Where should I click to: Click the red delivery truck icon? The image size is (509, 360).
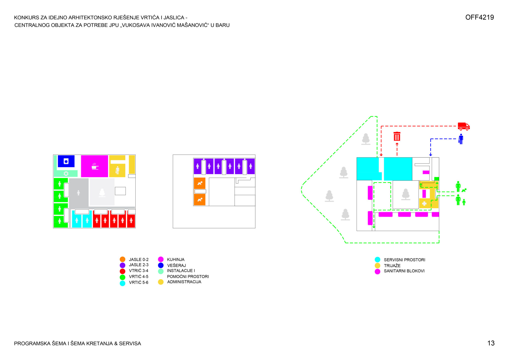tap(464, 126)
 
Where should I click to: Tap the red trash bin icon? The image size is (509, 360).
tap(397, 136)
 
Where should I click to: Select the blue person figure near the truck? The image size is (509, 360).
tap(461, 139)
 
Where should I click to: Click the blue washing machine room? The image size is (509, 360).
tap(66, 161)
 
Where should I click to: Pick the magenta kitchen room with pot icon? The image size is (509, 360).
tap(94, 166)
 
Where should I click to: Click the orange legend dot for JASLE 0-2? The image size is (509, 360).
tap(122, 259)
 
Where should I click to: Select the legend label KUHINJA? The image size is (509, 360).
tap(176, 259)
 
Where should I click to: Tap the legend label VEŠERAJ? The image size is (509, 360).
tap(176, 265)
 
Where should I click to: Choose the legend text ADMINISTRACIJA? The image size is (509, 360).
tap(184, 282)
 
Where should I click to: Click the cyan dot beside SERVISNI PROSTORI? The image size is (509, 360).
tap(377, 260)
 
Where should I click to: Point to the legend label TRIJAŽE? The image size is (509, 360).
tap(392, 266)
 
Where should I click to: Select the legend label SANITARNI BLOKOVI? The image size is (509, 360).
tap(404, 271)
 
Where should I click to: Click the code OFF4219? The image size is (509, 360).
tap(479, 17)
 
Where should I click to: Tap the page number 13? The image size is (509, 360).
tap(491, 343)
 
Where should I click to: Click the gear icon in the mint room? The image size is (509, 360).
tap(66, 174)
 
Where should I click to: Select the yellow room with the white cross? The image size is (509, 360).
tap(424, 203)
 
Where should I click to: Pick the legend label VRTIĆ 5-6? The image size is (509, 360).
tap(138, 282)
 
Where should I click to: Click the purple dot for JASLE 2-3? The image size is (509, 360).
tap(122, 265)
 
